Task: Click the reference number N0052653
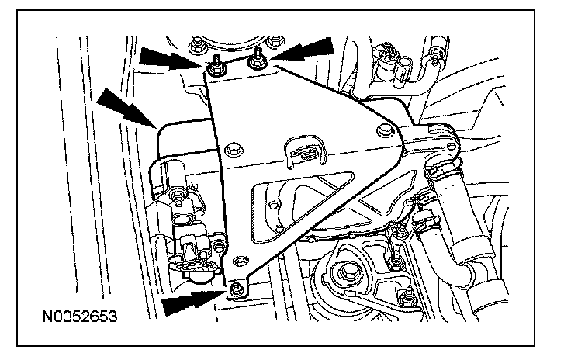pos(81,317)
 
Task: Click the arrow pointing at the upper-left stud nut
pos(165,57)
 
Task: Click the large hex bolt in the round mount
pos(341,274)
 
